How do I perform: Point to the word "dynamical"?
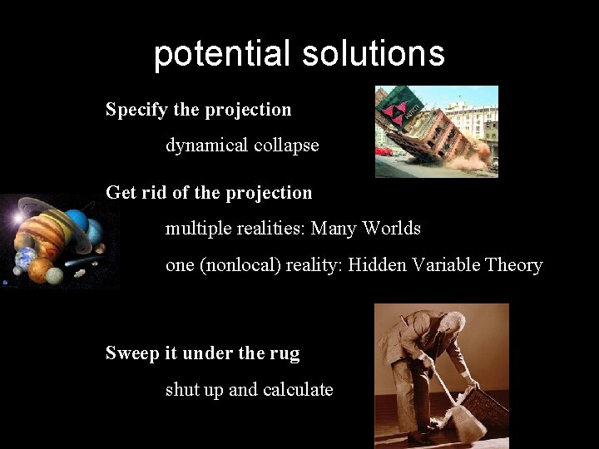(x=205, y=145)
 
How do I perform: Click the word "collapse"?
(x=286, y=145)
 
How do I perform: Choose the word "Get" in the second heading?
(x=121, y=192)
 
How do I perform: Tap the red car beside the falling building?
(x=384, y=151)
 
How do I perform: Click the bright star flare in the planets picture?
(x=14, y=219)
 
